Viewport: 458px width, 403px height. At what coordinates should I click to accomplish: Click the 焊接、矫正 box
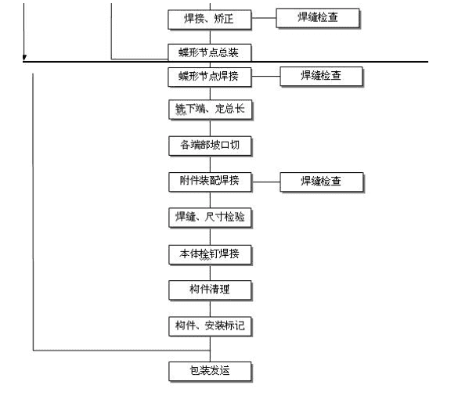210,20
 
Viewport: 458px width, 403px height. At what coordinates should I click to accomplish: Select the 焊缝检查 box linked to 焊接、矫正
318,18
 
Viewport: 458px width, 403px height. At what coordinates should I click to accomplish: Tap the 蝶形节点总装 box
210,52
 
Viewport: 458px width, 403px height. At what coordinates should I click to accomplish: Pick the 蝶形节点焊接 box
210,77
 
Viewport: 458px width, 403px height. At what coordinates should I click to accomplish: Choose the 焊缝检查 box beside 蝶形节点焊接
321,77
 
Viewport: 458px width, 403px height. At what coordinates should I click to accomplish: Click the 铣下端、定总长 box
210,110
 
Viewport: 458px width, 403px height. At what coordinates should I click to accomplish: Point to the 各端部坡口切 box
210,146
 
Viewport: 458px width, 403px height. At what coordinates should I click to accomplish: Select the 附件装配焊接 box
210,182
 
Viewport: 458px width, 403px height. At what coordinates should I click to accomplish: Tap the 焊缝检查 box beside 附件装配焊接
322,182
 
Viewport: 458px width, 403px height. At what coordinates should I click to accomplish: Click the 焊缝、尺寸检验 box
210,218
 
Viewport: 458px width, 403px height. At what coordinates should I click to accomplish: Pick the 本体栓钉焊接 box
210,254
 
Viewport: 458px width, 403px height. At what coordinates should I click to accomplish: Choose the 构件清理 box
210,290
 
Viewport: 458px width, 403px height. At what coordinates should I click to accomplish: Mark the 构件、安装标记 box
210,326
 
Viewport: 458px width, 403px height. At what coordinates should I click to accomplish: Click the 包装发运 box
210,372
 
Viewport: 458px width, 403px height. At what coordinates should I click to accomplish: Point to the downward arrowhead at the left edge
24,58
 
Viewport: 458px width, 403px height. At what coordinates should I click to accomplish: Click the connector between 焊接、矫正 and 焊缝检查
264,18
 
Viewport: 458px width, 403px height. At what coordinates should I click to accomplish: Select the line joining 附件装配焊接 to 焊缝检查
266,182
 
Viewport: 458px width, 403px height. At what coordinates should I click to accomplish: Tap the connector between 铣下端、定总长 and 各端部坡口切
210,128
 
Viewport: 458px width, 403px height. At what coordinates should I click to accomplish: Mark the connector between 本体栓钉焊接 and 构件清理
210,272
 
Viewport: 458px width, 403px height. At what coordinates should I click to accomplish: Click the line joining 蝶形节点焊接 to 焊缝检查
265,77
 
